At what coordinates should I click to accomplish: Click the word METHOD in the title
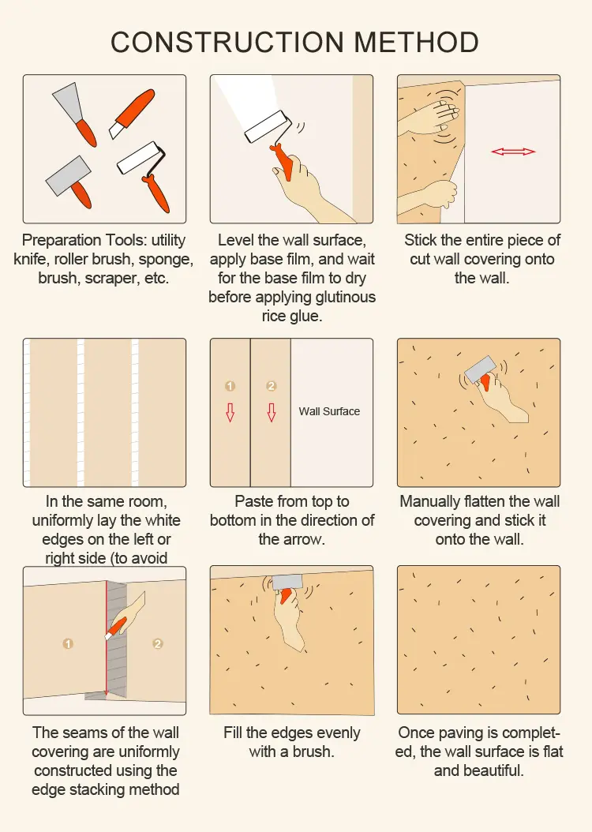pos(416,43)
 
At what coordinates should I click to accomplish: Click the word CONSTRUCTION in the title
pos(227,43)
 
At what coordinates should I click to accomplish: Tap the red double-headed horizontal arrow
pos(513,152)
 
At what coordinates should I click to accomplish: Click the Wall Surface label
pos(329,411)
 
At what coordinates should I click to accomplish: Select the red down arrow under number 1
pos(230,412)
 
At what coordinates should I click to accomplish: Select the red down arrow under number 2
pos(271,412)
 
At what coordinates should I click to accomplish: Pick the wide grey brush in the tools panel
pos(69,182)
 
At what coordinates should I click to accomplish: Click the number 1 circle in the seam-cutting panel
pos(68,643)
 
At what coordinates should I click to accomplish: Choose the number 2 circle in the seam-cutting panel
pos(158,643)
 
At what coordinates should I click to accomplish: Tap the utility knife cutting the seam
pos(116,628)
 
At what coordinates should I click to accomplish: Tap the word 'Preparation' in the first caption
pos(62,241)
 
